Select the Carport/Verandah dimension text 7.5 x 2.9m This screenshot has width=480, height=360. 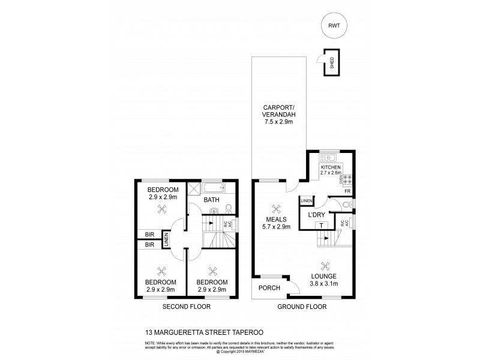[277, 122]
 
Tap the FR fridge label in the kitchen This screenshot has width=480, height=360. [347, 191]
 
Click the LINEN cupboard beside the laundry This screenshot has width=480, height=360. [306, 200]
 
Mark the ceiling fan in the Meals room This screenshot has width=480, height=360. [277, 209]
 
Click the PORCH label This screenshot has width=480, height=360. [269, 288]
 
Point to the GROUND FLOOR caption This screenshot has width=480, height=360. [302, 307]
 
